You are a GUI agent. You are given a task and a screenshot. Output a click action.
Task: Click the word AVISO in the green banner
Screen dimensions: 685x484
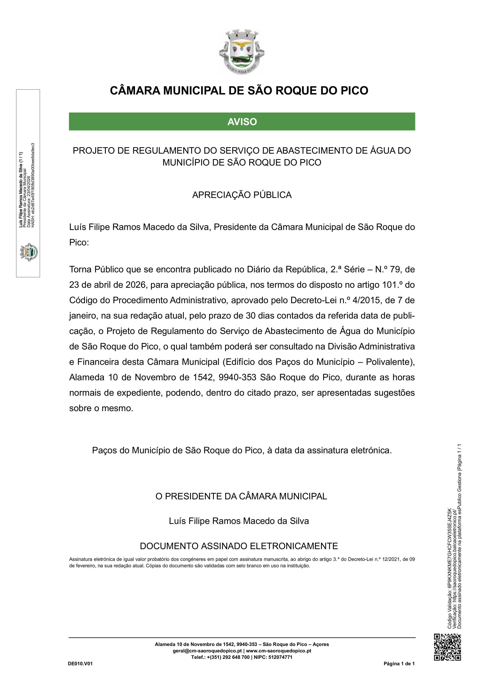[242, 122]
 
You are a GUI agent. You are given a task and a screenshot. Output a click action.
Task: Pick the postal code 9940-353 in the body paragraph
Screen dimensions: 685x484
[237, 377]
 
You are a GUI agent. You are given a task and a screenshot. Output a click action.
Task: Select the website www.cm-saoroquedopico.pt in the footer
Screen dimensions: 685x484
[279, 651]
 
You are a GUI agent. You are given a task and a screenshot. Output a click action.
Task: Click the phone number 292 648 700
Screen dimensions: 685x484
[235, 657]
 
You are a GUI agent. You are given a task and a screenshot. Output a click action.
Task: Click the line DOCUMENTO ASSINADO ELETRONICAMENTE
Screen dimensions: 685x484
[239, 546]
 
